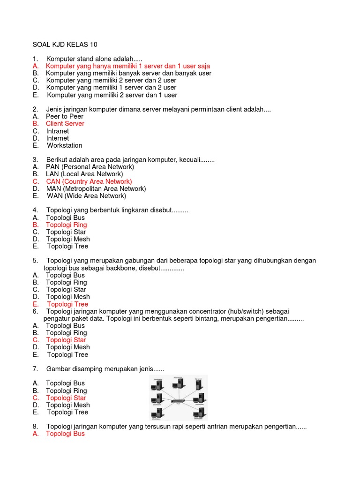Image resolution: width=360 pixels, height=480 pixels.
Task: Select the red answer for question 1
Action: coord(127,66)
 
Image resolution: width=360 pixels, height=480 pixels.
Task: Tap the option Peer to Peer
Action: coord(64,116)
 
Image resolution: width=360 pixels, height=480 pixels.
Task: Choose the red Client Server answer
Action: coord(65,124)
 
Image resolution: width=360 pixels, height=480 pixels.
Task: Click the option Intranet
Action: coord(57,131)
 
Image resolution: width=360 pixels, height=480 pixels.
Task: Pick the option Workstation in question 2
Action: coord(65,145)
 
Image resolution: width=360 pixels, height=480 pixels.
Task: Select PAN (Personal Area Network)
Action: coord(90,167)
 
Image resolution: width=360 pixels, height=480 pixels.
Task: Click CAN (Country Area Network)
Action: coord(89,181)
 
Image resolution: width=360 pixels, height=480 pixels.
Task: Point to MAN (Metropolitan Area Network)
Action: coord(96,188)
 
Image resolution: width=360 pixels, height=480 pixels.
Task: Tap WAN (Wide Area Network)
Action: coord(86,196)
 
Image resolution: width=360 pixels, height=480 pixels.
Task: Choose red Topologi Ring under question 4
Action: coord(66,225)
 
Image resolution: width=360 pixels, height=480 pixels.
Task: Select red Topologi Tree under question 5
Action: coord(67,304)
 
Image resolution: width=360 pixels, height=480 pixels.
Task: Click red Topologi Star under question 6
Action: coord(66,340)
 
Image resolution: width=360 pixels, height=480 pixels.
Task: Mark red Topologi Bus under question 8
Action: coord(65,434)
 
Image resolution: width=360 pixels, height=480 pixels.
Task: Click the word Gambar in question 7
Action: coord(59,369)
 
